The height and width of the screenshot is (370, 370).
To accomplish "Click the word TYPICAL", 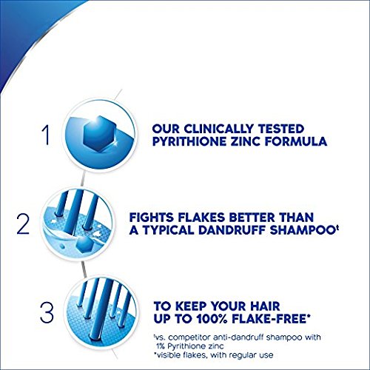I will pos(195,232).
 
